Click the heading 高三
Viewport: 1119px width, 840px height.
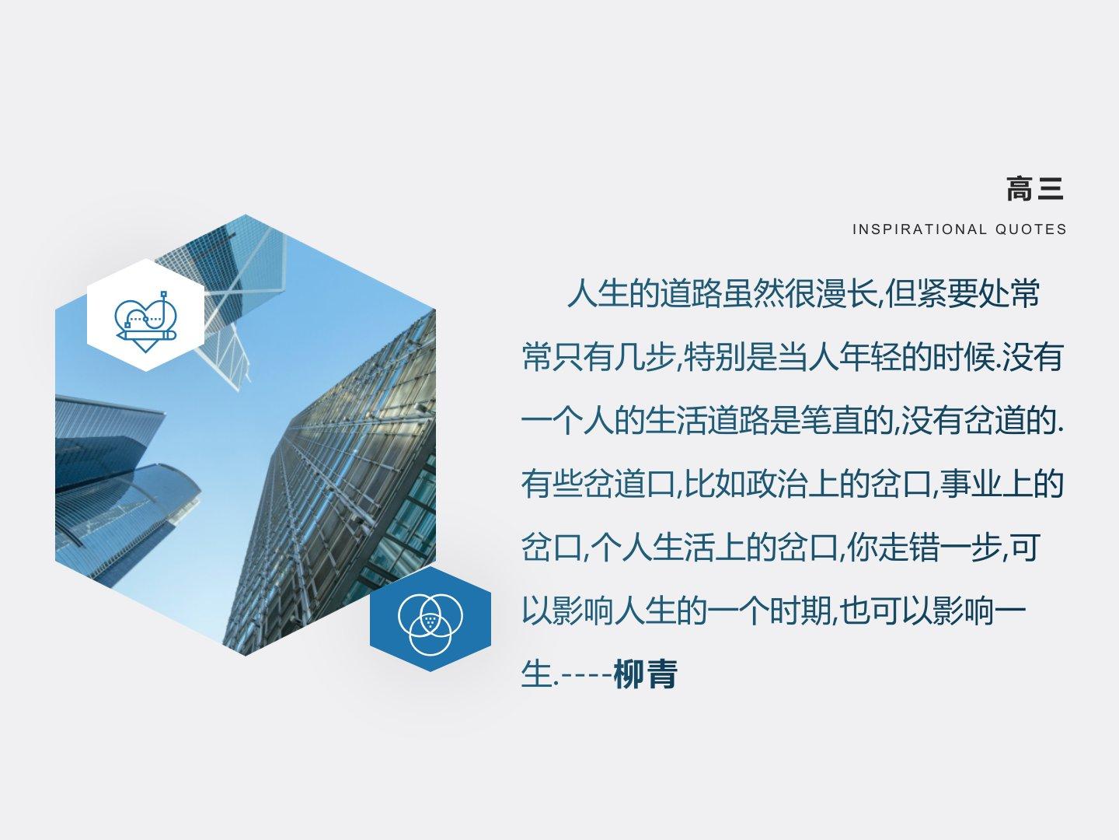coord(1035,189)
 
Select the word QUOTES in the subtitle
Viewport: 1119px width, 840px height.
coord(1031,229)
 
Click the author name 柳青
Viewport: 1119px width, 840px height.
coord(646,674)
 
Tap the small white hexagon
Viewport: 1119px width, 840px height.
coord(146,315)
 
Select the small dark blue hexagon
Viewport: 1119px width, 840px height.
coord(431,618)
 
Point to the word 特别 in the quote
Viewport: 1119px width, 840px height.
coord(714,357)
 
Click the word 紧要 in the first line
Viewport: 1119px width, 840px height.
coord(947,294)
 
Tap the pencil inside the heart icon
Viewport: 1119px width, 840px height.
coord(146,334)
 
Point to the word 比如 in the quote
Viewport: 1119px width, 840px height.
coord(714,484)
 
